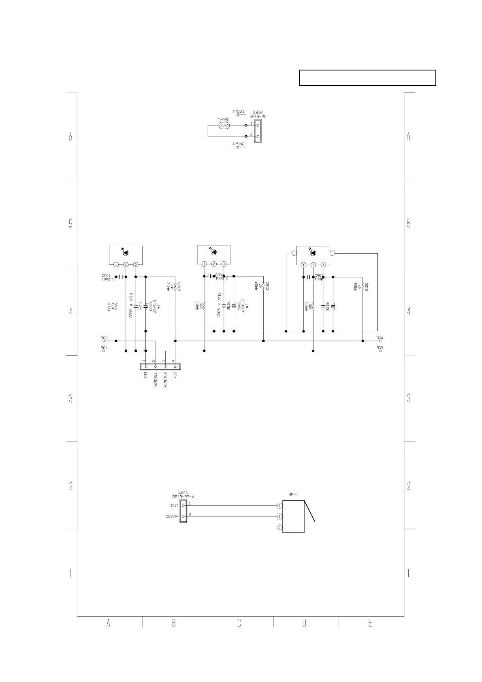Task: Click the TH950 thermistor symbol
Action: (x=224, y=126)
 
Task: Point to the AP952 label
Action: (x=238, y=144)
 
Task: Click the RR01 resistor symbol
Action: (x=116, y=306)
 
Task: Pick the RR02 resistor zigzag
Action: (x=175, y=287)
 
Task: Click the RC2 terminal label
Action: (x=104, y=337)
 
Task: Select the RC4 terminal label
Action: (x=380, y=337)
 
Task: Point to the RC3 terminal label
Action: (x=380, y=347)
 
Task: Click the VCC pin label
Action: (x=175, y=375)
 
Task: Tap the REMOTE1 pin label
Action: (x=155, y=380)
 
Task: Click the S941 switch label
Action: (x=293, y=494)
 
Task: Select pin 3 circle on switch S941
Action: (x=279, y=527)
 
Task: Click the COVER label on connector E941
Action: (x=171, y=516)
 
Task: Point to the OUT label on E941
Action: (x=174, y=505)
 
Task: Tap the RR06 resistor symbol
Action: (x=363, y=287)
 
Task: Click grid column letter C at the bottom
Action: (x=239, y=624)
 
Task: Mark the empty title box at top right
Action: (x=367, y=78)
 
